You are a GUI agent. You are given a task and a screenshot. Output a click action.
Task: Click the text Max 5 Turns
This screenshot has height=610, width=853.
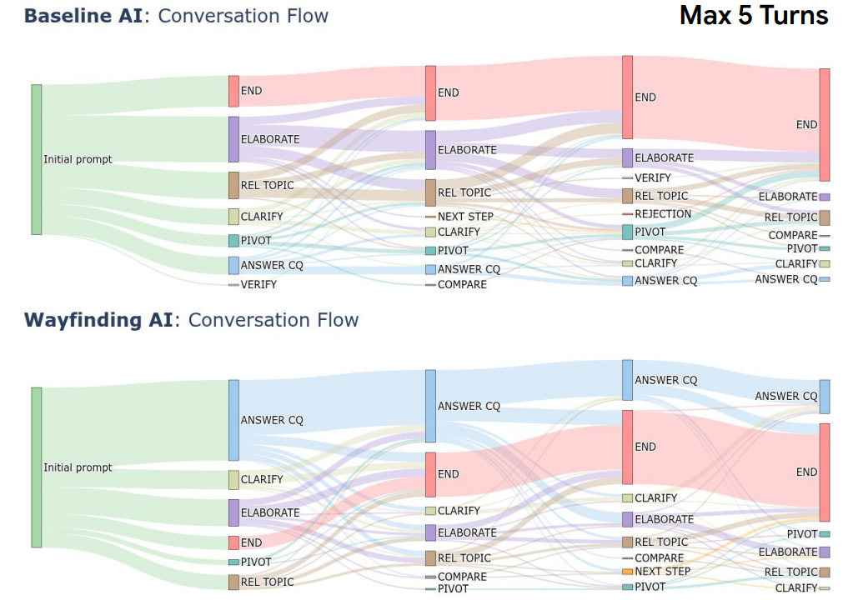754,16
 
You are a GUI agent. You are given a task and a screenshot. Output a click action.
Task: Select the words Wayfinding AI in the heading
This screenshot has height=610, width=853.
99,320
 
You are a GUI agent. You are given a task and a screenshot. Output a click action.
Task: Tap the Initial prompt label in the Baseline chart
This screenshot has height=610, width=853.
78,159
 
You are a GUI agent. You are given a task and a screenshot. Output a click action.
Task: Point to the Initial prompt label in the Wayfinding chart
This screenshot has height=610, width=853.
78,467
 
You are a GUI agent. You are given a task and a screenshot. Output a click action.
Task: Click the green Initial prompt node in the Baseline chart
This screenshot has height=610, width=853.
36,159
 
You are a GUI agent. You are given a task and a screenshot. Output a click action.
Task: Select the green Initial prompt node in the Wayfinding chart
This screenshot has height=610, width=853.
36,467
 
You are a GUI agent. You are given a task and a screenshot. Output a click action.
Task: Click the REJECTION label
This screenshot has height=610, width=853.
663,214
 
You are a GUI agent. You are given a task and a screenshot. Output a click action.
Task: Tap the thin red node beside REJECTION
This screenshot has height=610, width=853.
627,214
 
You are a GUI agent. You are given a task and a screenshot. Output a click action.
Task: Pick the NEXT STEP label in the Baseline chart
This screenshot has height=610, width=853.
465,217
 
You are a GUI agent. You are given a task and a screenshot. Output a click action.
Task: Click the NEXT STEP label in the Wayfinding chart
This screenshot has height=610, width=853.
663,572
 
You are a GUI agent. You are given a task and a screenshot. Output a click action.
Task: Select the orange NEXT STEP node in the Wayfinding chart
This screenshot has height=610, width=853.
627,572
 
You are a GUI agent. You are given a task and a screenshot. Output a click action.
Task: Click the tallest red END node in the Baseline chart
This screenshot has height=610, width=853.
824,124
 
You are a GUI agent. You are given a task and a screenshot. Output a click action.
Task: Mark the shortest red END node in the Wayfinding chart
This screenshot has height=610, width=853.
233,542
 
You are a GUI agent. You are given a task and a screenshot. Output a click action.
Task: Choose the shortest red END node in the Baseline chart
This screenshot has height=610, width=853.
233,91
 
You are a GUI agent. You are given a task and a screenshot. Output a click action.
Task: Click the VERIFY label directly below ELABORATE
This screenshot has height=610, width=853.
652,177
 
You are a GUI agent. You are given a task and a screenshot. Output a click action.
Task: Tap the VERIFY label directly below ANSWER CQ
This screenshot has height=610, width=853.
258,285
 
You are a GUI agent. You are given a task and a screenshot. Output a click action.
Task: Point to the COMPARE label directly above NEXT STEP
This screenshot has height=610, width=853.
659,558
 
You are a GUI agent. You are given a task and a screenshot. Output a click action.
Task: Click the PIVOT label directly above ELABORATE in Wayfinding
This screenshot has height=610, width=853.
802,534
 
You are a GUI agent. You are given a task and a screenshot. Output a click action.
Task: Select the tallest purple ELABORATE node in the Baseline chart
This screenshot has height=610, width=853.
233,139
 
